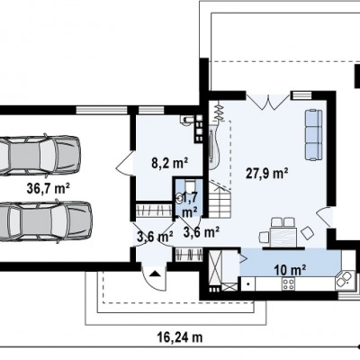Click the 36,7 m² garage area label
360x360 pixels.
coord(49,189)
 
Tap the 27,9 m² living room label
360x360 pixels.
coord(267,173)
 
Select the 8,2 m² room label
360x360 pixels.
coord(169,163)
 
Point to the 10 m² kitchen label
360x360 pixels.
coord(290,270)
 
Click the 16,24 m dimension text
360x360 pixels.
coord(180,337)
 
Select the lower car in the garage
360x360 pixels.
coord(46,220)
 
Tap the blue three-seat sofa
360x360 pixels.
coord(313,135)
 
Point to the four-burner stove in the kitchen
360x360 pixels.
coord(288,284)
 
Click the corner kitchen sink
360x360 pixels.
coord(344,279)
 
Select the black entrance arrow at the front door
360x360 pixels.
coord(155,274)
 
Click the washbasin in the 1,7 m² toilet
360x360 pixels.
coord(179,197)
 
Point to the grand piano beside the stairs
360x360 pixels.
coord(214,146)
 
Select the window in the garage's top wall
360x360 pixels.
coord(101,110)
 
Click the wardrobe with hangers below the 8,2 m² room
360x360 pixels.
coord(154,210)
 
